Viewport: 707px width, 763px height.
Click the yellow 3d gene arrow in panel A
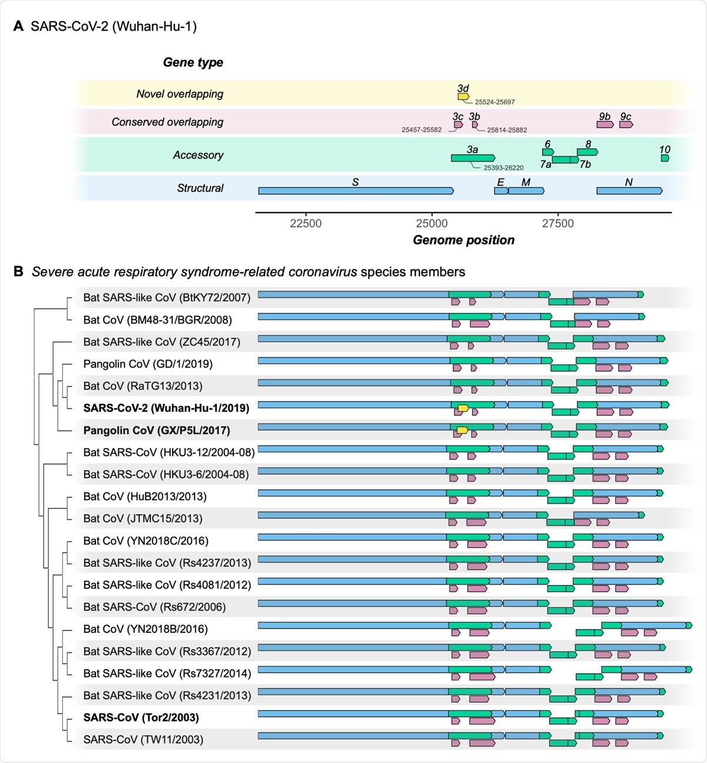(463, 97)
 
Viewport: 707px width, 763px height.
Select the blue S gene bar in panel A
(356, 191)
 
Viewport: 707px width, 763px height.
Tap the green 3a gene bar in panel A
(473, 158)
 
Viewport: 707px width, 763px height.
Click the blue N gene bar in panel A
(629, 191)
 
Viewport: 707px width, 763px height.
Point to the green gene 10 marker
(665, 158)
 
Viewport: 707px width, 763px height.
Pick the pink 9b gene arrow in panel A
(604, 124)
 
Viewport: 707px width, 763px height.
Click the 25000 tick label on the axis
(432, 223)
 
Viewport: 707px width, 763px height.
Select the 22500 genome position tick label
(306, 223)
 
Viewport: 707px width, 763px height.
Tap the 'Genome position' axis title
(464, 240)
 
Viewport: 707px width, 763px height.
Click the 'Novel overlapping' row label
(180, 94)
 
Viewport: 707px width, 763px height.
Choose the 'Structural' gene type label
(200, 188)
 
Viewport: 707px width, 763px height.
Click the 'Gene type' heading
(193, 62)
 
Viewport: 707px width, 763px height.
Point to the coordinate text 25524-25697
(495, 102)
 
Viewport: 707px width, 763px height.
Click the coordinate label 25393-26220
(503, 168)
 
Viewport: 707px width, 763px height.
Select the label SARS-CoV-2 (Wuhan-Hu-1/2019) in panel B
(166, 408)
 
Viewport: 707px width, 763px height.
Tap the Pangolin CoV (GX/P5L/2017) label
(157, 430)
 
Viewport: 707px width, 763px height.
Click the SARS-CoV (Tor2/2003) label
(141, 717)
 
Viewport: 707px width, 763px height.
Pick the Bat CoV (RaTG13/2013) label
(143, 386)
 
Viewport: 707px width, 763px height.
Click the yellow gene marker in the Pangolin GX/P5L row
(462, 430)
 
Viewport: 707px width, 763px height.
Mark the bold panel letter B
(18, 272)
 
